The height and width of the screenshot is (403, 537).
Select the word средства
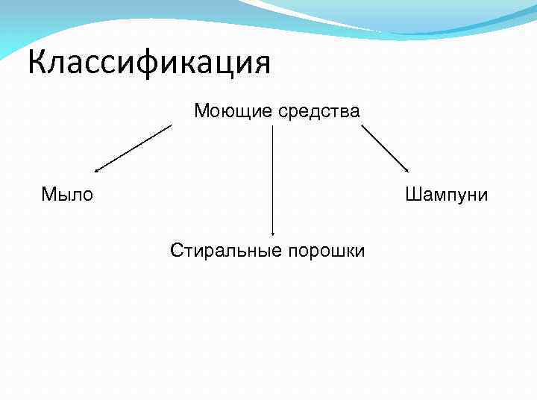(x=318, y=112)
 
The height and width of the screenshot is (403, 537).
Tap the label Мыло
(x=67, y=196)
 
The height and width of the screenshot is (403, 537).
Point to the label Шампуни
(x=447, y=196)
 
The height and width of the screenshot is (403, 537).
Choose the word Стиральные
(x=219, y=250)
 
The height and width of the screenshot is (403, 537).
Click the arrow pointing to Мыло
(x=134, y=148)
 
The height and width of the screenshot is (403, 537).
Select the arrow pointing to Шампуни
(x=385, y=148)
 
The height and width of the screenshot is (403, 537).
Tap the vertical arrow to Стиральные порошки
(x=272, y=179)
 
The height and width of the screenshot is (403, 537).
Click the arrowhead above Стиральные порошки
(x=272, y=234)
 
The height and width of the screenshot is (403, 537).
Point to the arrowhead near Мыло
(x=97, y=171)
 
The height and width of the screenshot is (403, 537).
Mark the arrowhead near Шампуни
(x=406, y=171)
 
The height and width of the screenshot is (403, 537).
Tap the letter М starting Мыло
(x=48, y=196)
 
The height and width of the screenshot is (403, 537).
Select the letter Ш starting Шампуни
(x=412, y=196)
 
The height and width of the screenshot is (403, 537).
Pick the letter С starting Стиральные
(x=176, y=250)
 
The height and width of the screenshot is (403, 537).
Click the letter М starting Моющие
(x=201, y=112)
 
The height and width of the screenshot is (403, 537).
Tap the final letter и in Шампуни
(x=483, y=196)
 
